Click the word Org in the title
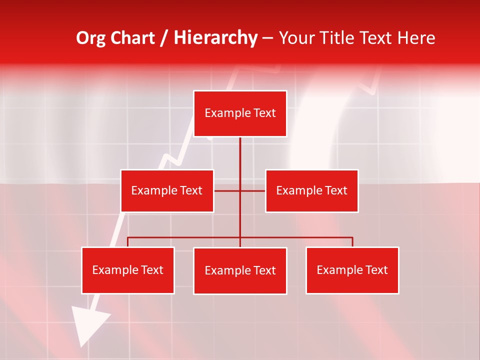point(90,38)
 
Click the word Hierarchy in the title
point(215,38)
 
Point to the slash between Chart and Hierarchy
point(164,38)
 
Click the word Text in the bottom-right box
point(376,270)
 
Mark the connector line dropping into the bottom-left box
point(127,242)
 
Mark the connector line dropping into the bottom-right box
point(352,242)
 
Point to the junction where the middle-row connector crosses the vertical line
point(240,190)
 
